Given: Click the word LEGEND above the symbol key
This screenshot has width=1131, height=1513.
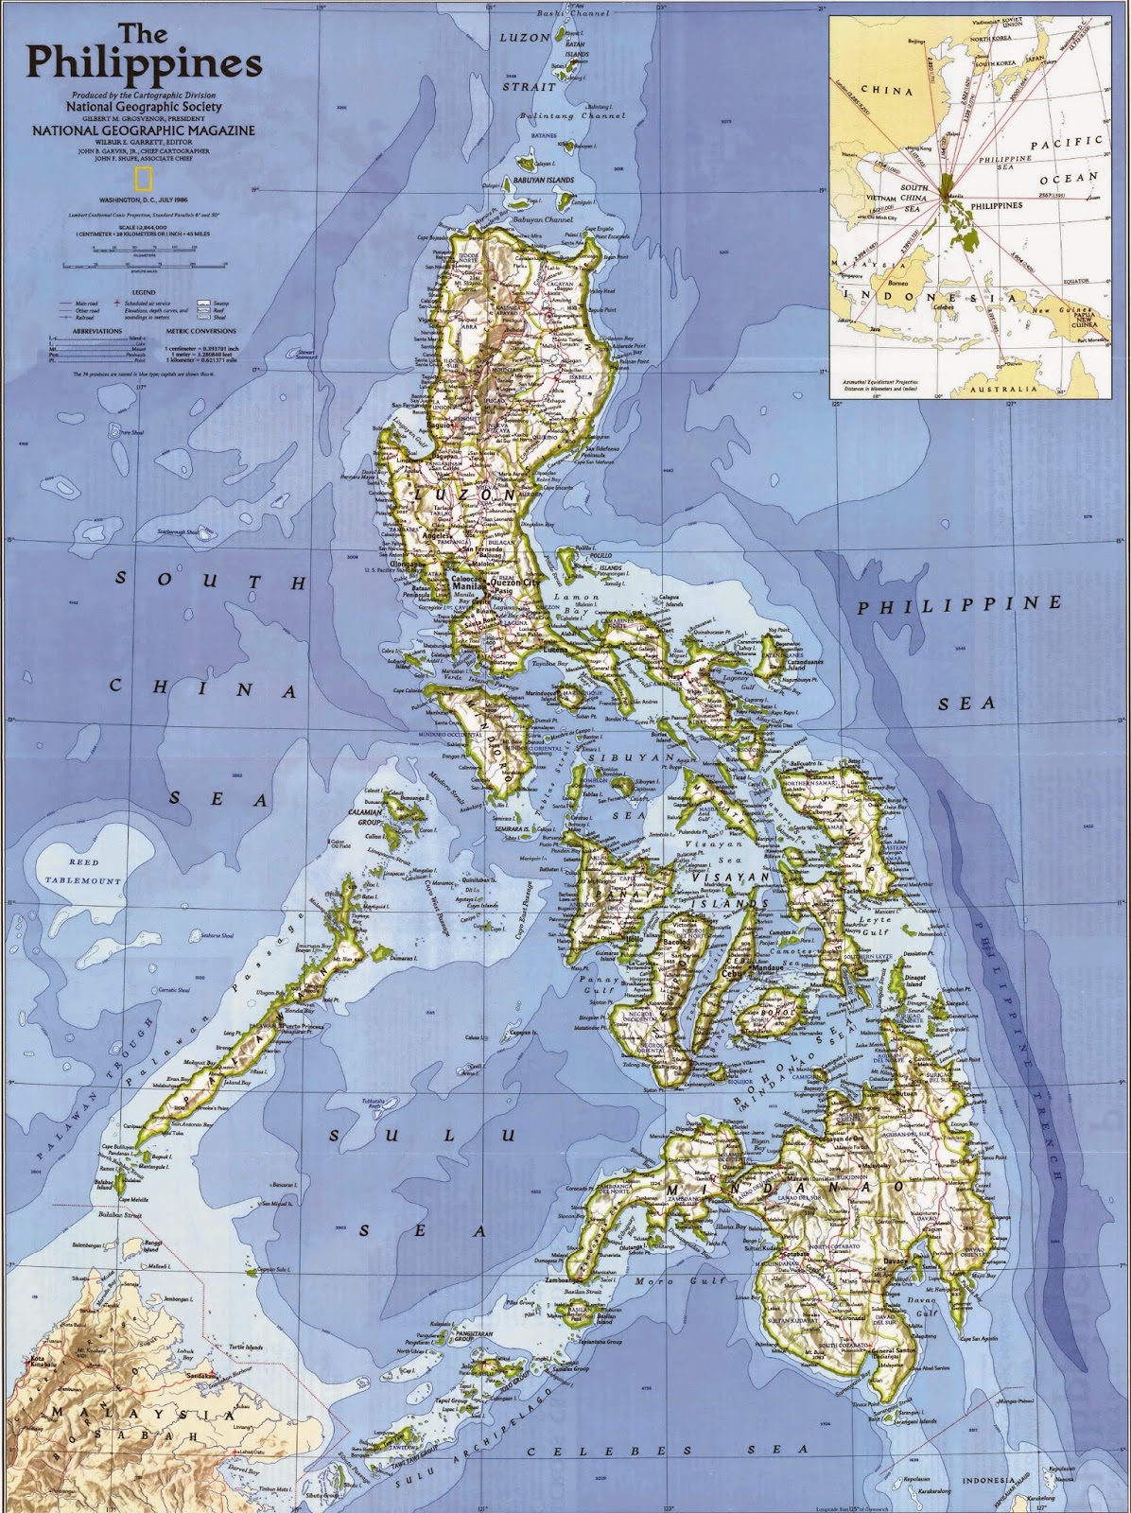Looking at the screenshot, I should click(144, 293).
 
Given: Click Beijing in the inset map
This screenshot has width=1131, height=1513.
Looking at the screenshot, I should click(913, 41).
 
